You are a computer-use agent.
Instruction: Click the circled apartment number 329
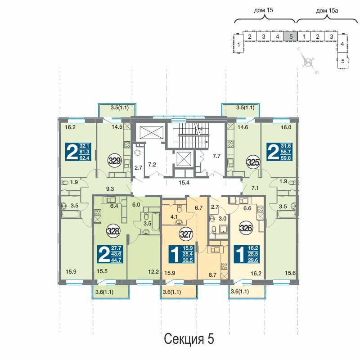115,161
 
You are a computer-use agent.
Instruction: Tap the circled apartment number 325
253,162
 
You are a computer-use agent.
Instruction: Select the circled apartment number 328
113,231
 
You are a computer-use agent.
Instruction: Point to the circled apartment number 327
186,234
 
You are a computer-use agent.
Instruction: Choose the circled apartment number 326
246,228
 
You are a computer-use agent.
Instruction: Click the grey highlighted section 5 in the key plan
291,36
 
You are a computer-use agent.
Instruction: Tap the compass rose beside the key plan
308,62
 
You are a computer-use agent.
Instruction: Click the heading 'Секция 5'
189,339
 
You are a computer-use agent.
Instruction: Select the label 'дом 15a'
327,10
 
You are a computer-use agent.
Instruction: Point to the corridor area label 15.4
184,183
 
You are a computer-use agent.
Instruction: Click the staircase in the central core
187,135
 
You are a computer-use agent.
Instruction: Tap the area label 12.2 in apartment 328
153,272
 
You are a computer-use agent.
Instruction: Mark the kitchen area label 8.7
212,274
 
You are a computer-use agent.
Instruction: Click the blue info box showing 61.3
78,152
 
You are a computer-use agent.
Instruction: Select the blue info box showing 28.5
247,254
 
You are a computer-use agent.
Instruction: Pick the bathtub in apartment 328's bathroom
156,221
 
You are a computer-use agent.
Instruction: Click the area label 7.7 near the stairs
216,156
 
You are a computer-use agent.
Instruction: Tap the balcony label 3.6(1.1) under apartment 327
172,292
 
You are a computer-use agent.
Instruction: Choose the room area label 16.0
286,127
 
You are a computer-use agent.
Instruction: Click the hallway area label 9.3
110,189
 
